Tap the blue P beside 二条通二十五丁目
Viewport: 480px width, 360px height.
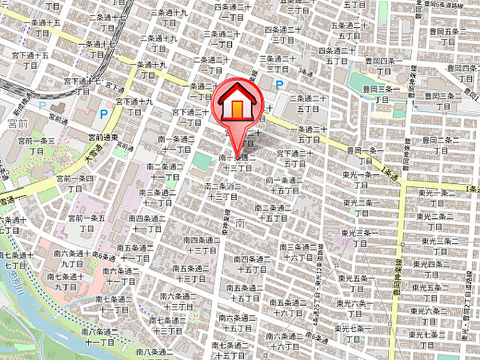[280, 86]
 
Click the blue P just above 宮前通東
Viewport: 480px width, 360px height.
[104, 114]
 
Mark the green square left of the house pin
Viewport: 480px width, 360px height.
[201, 160]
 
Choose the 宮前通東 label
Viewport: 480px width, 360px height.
[101, 137]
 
